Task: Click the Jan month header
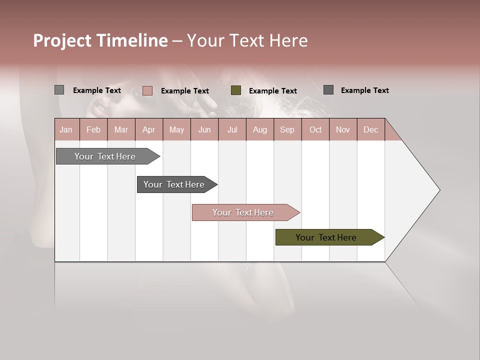click(x=66, y=129)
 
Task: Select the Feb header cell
click(x=93, y=129)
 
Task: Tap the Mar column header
click(x=121, y=129)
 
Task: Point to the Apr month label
click(x=148, y=129)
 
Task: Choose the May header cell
click(x=176, y=129)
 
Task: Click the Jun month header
click(x=204, y=129)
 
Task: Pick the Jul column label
click(x=232, y=129)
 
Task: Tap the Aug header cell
click(x=259, y=129)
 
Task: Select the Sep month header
click(x=287, y=129)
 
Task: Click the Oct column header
click(x=315, y=129)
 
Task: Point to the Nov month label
click(x=343, y=129)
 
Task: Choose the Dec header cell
click(x=370, y=129)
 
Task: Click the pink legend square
click(x=147, y=90)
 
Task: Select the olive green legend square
click(x=236, y=90)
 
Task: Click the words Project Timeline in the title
click(x=100, y=40)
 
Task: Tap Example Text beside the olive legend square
click(x=272, y=90)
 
